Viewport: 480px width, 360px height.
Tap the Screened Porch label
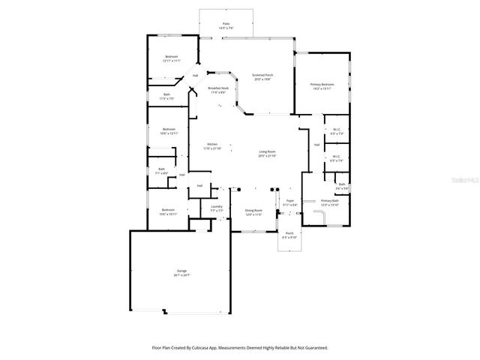coord(262,76)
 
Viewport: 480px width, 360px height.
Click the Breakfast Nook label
coord(218,90)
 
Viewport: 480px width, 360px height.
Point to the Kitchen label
coord(212,145)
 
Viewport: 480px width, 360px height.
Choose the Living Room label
coord(268,154)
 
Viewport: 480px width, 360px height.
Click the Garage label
coord(181,272)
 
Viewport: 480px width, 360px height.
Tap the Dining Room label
coord(253,212)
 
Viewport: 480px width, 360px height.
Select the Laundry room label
coord(216,208)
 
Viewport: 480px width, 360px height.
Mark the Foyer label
coord(289,202)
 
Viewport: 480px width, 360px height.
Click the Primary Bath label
coord(330,202)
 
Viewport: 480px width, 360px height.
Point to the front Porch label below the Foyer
coord(289,235)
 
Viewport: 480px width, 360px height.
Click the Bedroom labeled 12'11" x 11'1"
coord(172,58)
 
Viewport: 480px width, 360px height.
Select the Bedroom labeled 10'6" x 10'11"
coord(168,211)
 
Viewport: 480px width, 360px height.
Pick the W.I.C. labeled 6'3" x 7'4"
coord(337,158)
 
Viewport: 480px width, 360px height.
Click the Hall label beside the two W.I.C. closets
coord(316,145)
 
